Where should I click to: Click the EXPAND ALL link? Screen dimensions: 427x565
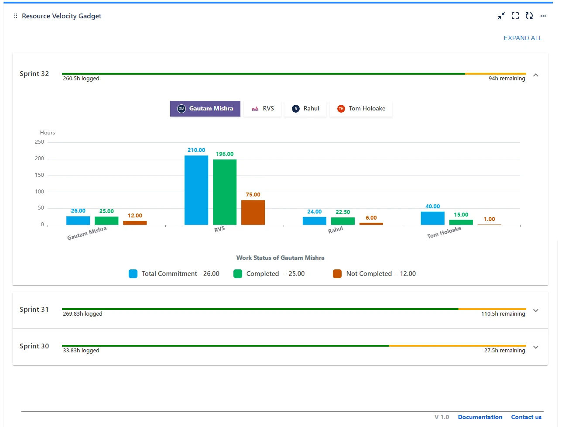click(x=523, y=38)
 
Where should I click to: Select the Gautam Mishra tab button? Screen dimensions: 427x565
click(x=205, y=109)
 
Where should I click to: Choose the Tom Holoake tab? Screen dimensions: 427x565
click(x=361, y=109)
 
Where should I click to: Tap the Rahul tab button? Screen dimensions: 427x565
click(x=305, y=109)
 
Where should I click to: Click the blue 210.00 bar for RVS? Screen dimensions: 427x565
click(x=196, y=190)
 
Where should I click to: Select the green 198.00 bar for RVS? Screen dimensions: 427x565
click(x=225, y=192)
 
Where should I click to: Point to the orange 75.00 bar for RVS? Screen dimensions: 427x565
click(x=253, y=213)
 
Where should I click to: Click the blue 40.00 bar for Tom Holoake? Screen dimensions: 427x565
click(x=432, y=218)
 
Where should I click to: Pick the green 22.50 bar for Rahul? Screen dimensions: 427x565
click(x=342, y=221)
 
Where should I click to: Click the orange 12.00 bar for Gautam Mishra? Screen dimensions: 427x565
click(x=135, y=223)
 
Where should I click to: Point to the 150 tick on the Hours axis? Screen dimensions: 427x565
click(x=39, y=175)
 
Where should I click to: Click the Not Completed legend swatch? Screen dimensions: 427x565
click(x=337, y=274)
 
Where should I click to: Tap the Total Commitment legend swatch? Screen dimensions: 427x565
click(x=133, y=274)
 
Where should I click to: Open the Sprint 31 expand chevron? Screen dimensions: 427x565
click(x=536, y=310)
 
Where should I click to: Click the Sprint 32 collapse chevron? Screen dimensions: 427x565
click(x=536, y=75)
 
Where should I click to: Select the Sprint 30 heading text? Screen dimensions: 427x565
click(x=34, y=346)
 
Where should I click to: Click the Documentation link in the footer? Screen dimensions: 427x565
click(x=480, y=417)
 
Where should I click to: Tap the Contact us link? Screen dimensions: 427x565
click(x=526, y=417)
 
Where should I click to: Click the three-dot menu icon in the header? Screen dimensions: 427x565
click(x=543, y=16)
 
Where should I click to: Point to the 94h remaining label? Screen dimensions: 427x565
click(x=507, y=79)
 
